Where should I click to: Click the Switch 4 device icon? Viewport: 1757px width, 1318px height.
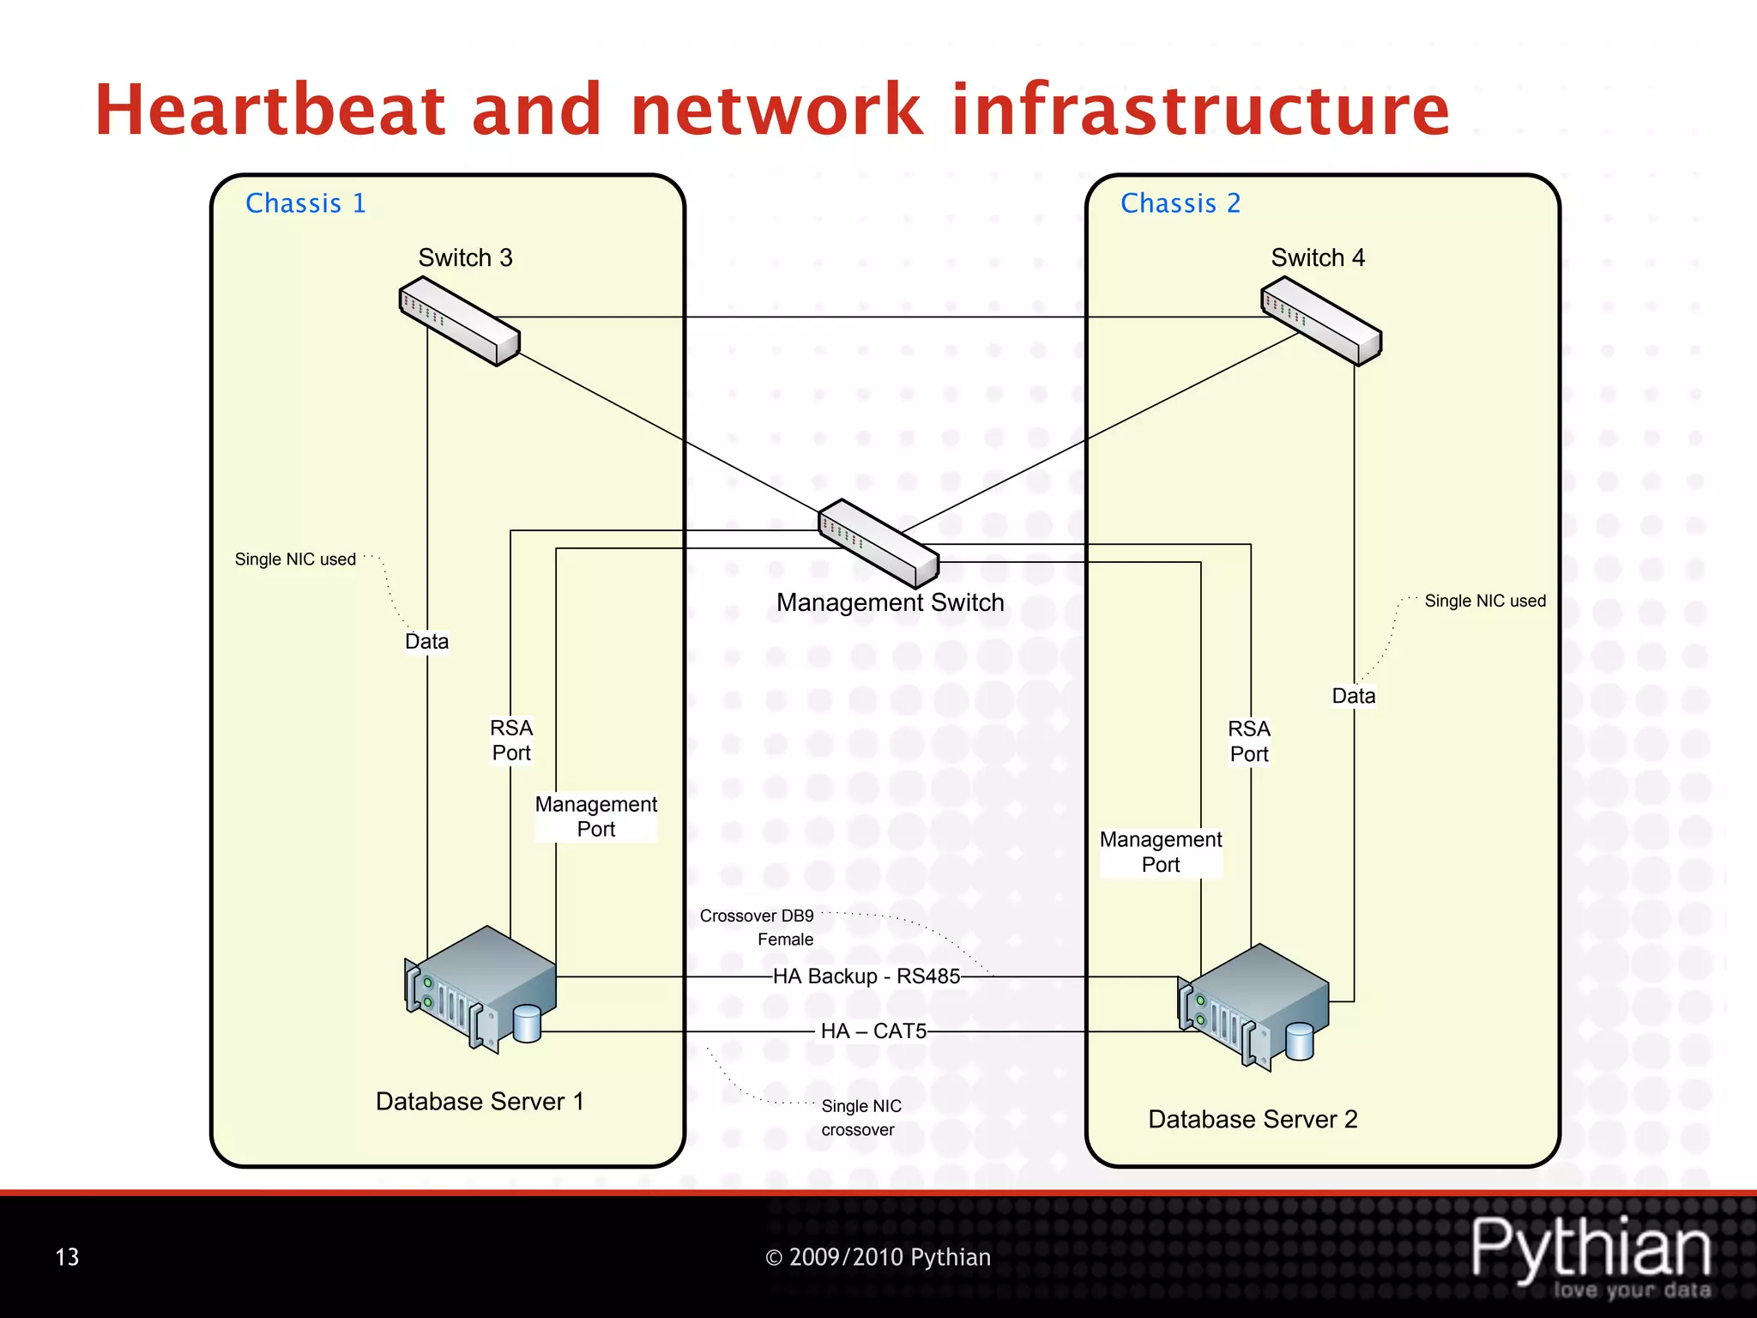(x=1321, y=324)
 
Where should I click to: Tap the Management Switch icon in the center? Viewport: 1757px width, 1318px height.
(x=878, y=542)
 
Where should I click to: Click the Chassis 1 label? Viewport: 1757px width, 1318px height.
(x=305, y=203)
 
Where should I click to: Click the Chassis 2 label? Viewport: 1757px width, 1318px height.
(x=1180, y=203)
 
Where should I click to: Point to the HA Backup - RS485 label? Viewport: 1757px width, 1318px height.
(x=866, y=976)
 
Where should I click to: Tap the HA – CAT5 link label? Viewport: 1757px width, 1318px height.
(x=873, y=1031)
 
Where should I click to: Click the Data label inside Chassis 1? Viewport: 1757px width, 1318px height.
(x=426, y=642)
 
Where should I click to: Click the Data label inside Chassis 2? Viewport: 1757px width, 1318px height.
(x=1353, y=696)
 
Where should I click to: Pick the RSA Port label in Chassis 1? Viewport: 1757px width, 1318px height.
(x=511, y=741)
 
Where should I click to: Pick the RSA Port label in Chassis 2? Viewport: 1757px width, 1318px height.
(x=1249, y=741)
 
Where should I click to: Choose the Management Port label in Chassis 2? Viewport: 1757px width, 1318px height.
(x=1161, y=852)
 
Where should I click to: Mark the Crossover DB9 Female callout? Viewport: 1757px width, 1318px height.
(x=758, y=927)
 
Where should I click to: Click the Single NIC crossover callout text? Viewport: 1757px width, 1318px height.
(x=860, y=1117)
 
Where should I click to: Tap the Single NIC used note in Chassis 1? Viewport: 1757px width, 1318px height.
(x=295, y=559)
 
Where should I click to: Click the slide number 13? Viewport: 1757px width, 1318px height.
(x=67, y=1257)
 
